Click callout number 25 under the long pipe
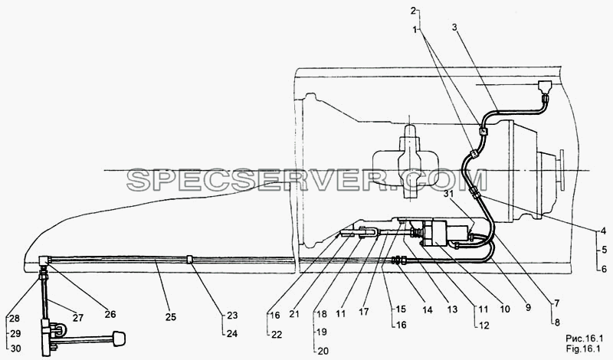pyautogui.click(x=171, y=317)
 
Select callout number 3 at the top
pyautogui.click(x=454, y=27)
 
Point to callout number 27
pyautogui.click(x=78, y=318)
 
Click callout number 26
pyautogui.click(x=110, y=314)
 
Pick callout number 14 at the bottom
pyautogui.click(x=428, y=310)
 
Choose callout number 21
pyautogui.click(x=295, y=314)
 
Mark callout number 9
pyautogui.click(x=528, y=308)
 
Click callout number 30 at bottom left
pyautogui.click(x=16, y=349)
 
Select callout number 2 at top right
pyautogui.click(x=413, y=11)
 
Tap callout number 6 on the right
pyautogui.click(x=604, y=269)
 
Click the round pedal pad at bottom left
pyautogui.click(x=120, y=339)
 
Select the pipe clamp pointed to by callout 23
pyautogui.click(x=189, y=260)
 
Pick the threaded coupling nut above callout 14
pyautogui.click(x=398, y=260)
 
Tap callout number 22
pyautogui.click(x=277, y=335)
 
